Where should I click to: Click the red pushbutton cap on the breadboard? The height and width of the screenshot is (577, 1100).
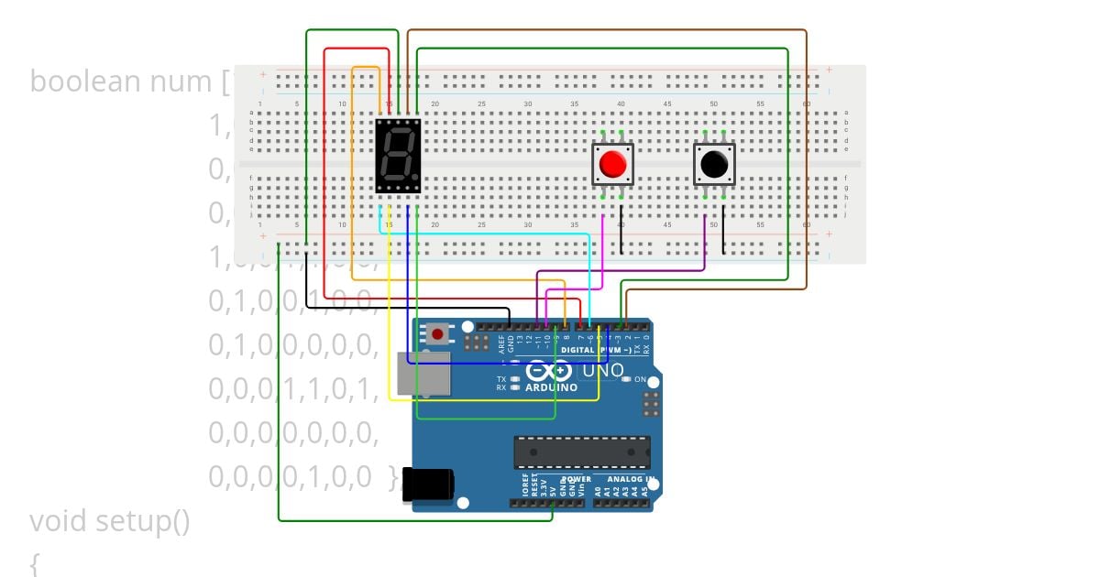612,165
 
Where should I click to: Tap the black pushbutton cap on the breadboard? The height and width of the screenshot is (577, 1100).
714,165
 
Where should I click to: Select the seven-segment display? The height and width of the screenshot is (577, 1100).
398,155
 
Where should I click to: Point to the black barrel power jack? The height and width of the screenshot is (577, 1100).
428,484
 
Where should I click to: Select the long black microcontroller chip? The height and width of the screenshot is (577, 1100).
582,452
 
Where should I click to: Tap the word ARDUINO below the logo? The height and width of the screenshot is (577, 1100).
551,387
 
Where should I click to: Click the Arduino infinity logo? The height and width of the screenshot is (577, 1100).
550,371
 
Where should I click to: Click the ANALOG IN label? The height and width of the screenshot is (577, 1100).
623,479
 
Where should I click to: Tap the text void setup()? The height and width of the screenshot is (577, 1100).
110,521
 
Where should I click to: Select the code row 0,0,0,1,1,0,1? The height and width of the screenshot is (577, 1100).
293,388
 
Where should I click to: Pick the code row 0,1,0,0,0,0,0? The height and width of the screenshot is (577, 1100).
293,344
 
